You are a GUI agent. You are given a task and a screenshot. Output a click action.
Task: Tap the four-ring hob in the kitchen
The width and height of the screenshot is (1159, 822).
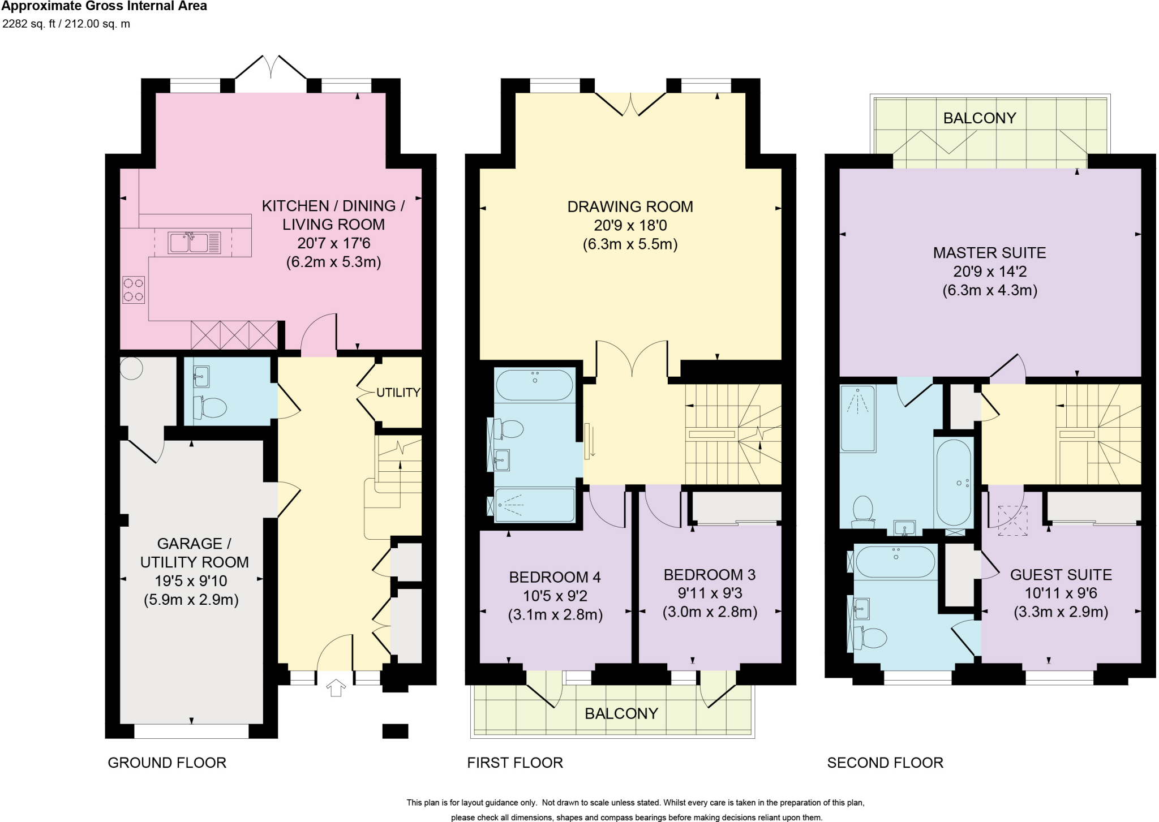point(134,290)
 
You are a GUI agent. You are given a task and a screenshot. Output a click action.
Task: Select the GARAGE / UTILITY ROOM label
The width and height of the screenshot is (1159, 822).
point(194,553)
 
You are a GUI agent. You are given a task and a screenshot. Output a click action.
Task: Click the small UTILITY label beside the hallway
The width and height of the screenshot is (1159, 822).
point(398,393)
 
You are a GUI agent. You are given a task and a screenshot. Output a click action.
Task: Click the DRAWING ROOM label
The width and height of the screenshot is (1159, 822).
point(630,206)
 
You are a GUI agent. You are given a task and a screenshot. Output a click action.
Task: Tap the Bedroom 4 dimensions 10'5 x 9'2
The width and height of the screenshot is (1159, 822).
point(555,596)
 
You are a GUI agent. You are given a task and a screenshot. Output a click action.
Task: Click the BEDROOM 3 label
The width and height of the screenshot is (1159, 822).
point(709,575)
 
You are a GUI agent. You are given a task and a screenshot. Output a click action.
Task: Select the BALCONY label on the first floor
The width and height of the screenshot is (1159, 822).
point(621,713)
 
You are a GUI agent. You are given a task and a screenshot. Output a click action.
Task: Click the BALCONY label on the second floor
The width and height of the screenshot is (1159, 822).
point(980,118)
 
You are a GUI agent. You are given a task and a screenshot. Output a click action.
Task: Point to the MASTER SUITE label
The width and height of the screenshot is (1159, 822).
point(989,252)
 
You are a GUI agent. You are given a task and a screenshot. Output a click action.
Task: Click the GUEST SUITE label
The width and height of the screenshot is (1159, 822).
point(1061,575)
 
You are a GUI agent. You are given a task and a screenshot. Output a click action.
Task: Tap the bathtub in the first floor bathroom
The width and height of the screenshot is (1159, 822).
point(534,385)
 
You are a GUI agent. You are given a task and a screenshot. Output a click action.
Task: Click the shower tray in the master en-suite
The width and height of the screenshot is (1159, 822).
point(858,419)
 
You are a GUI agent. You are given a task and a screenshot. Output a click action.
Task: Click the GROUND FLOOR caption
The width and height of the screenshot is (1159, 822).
point(167,763)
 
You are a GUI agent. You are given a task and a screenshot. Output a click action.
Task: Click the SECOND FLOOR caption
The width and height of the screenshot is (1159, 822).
point(885,763)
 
